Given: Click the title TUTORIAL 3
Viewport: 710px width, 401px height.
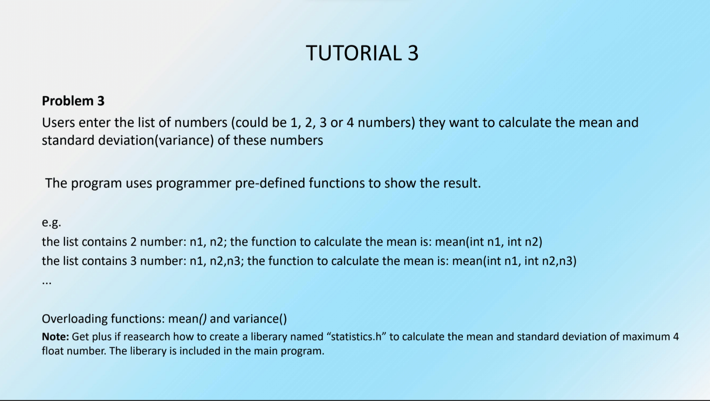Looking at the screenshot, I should coord(362,53).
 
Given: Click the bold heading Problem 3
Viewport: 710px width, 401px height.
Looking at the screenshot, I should coord(73,101).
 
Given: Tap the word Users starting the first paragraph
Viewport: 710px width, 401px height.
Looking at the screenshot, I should coord(58,123).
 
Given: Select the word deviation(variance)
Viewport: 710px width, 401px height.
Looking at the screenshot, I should coord(156,140).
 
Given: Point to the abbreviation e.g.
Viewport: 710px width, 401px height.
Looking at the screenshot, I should coord(51,223).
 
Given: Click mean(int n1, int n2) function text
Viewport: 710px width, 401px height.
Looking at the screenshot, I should coord(489,242).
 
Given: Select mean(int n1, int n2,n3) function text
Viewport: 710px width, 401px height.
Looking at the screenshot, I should coord(514,261).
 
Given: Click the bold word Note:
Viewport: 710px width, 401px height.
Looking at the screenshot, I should coord(55,337).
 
